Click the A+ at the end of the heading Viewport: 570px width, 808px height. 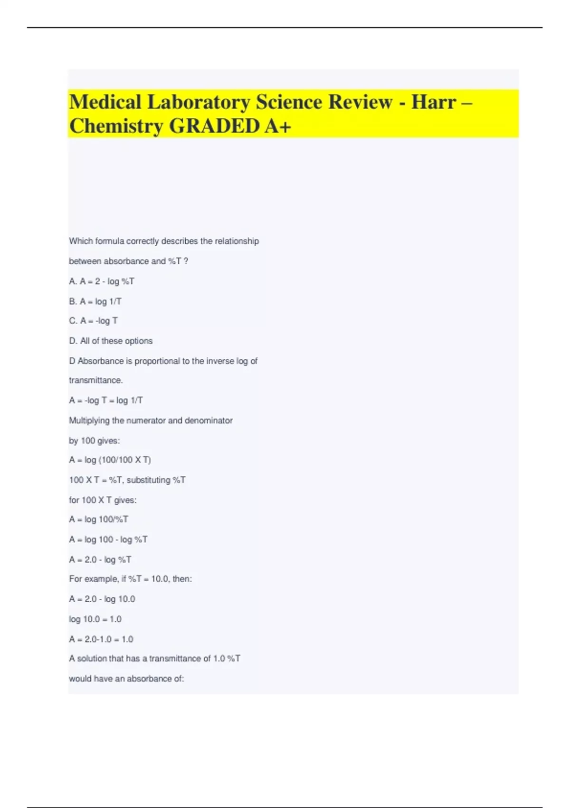click(x=278, y=126)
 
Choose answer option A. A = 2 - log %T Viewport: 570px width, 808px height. click(x=102, y=281)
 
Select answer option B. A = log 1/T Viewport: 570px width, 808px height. click(x=95, y=301)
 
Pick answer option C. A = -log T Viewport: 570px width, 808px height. click(x=93, y=321)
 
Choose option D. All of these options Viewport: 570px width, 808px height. click(x=111, y=341)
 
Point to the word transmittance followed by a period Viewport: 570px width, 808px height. click(x=95, y=380)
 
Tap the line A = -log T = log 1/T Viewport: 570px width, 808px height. click(x=105, y=400)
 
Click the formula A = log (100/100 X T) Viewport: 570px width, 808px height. click(x=110, y=460)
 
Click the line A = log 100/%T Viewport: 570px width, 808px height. click(x=98, y=519)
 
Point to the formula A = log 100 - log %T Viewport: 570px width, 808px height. click(x=108, y=539)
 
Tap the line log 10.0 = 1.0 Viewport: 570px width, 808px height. click(x=95, y=619)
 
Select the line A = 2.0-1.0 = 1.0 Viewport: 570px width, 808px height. click(x=101, y=639)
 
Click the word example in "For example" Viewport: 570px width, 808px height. click(x=101, y=579)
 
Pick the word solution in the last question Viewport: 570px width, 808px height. click(x=92, y=658)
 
